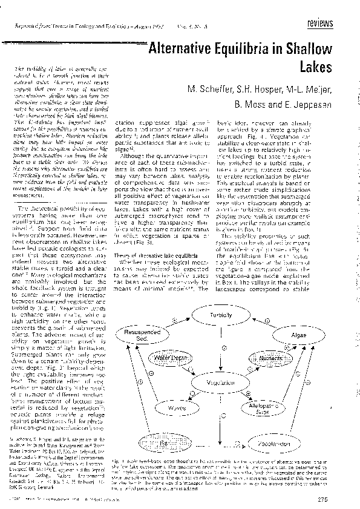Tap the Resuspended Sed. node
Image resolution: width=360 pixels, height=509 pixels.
[145, 336]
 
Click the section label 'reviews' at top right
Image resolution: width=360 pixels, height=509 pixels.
[320, 23]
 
